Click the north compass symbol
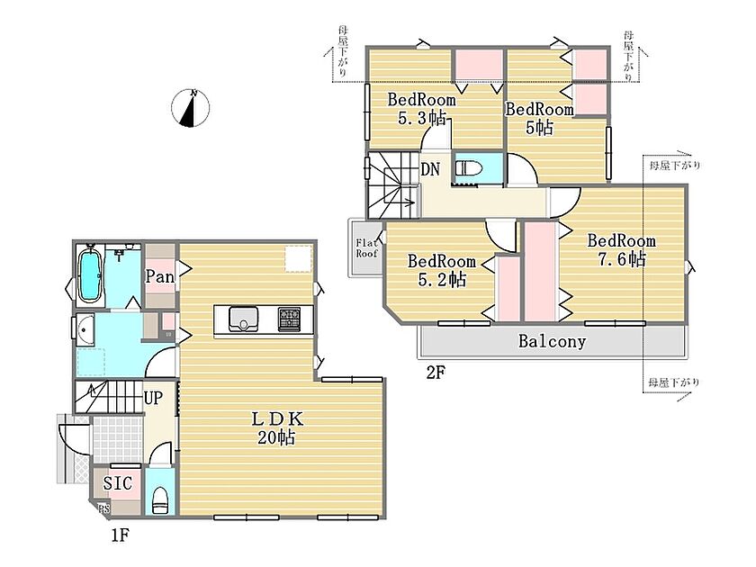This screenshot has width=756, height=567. (191, 108)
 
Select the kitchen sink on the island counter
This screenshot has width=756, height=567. (244, 319)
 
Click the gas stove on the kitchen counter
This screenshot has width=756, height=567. (289, 319)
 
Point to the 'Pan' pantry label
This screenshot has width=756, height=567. (160, 277)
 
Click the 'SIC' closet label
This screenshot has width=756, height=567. (118, 483)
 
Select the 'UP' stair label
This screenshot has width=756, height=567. (153, 398)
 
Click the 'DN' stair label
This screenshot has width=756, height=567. (430, 169)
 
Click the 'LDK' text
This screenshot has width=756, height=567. (277, 419)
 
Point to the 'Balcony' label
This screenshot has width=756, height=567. (552, 341)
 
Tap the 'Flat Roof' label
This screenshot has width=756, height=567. (367, 247)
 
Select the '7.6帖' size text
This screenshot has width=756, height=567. (622, 259)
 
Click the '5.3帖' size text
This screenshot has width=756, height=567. (422, 118)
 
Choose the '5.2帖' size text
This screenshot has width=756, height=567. (442, 280)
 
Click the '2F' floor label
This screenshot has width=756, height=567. (435, 373)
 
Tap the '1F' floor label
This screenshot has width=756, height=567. (120, 535)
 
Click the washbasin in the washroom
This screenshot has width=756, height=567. (85, 331)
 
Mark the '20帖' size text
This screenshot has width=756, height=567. (276, 437)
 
